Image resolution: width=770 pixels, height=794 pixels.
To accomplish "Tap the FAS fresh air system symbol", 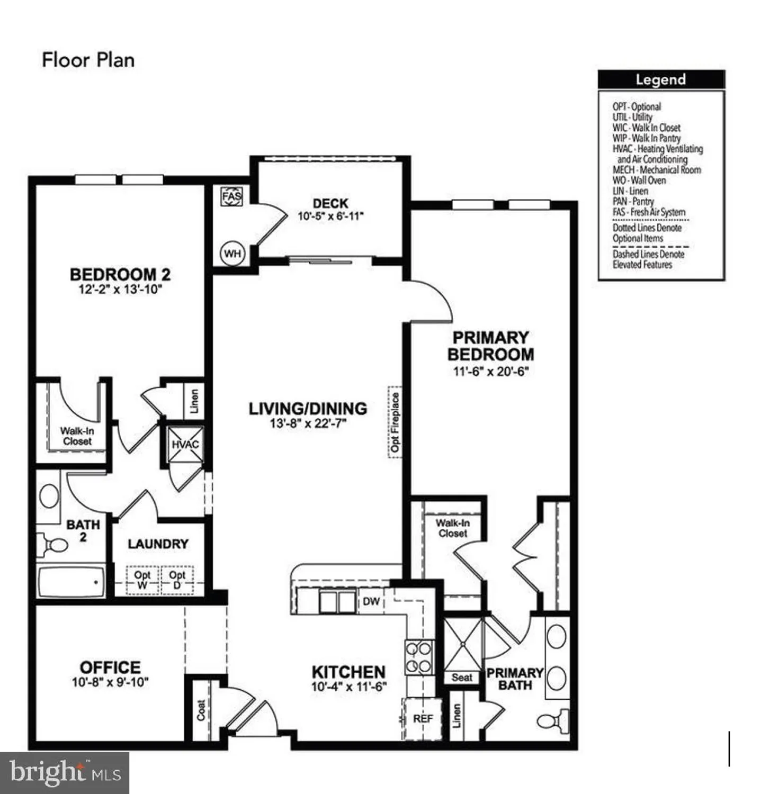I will point(231,196).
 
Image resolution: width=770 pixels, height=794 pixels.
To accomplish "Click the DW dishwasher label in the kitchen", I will point(371,601).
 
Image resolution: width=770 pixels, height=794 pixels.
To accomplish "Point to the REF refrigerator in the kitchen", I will point(423,718).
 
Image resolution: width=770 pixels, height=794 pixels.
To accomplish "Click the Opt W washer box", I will point(142,580).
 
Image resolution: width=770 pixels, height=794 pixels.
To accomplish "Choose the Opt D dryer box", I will point(177,580).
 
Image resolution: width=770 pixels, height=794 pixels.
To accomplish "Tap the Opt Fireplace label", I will point(395,422).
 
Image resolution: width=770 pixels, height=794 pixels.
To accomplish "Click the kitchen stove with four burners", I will point(419,657).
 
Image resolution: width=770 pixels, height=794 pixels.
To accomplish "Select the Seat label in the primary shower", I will point(462,677).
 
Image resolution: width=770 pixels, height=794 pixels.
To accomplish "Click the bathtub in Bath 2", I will point(71,582).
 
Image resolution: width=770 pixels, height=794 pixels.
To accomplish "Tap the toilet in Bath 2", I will point(52,544).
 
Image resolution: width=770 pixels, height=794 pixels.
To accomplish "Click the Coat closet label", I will point(201,710).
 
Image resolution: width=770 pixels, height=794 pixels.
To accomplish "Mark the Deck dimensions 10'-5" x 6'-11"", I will point(330,216).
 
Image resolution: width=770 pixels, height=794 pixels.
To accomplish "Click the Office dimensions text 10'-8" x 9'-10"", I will point(110,682).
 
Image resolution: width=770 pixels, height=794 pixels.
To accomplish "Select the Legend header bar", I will point(661,79).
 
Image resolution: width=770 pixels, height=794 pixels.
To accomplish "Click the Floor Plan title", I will point(88,60).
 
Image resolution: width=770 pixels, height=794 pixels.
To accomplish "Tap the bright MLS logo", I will point(65,773).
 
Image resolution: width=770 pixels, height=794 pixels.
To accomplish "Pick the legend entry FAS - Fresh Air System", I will point(649,212).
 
